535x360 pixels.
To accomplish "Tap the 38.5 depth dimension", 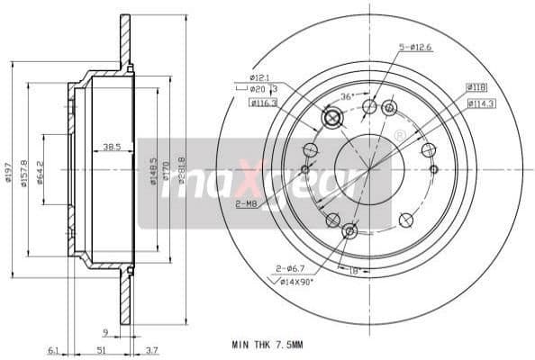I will (x=113, y=146).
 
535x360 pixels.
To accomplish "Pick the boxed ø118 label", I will (x=476, y=87).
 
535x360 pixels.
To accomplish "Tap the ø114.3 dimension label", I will (x=480, y=103).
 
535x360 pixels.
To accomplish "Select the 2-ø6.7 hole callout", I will (x=289, y=267).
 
